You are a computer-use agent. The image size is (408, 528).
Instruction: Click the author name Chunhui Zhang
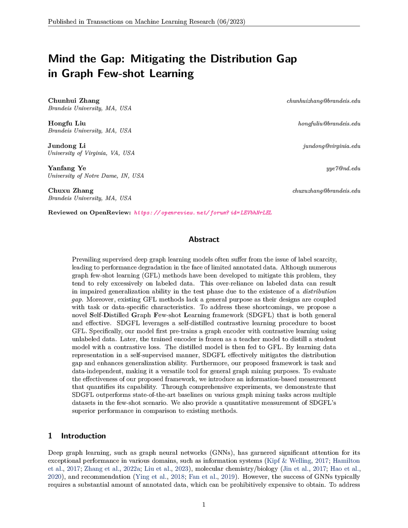[x=73, y=101]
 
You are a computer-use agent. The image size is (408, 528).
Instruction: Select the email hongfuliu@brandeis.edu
[x=329, y=123]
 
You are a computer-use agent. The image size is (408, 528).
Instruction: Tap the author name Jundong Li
[x=67, y=145]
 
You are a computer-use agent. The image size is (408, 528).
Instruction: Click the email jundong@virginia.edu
[x=331, y=146]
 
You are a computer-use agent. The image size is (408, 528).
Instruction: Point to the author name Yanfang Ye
[x=67, y=168]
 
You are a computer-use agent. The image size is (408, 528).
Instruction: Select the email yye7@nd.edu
[x=343, y=168]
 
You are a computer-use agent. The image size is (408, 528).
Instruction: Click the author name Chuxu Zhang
[x=71, y=190]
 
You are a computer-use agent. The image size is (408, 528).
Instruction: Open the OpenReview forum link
[x=203, y=213]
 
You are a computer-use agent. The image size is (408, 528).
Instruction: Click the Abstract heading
[x=204, y=240]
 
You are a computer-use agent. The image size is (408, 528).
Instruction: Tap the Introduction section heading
[x=83, y=436]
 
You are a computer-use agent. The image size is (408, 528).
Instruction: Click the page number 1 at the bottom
[x=204, y=504]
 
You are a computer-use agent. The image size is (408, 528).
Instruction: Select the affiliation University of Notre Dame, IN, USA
[x=96, y=176]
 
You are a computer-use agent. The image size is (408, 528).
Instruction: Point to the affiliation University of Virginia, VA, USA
[x=91, y=153]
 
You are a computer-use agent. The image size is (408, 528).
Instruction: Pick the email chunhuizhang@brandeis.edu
[x=323, y=101]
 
